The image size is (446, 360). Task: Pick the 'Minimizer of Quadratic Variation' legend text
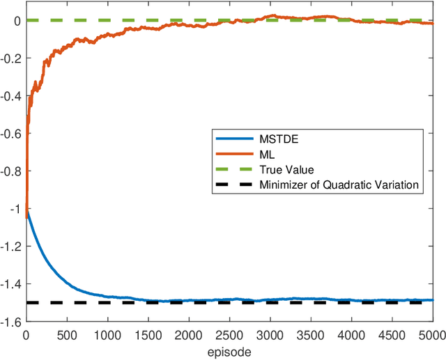(x=338, y=185)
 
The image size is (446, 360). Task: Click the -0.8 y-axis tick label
(x=12, y=171)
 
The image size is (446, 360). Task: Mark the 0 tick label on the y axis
(x=17, y=21)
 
